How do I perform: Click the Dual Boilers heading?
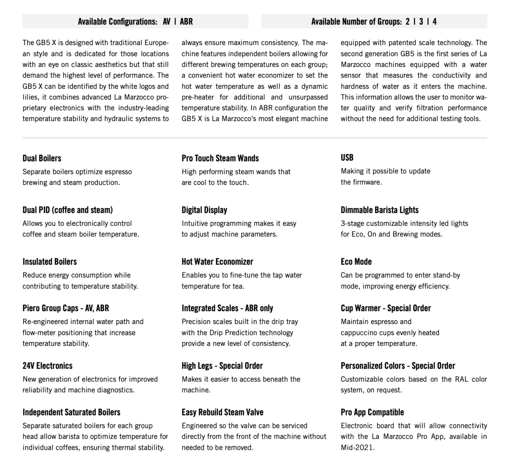tap(42, 158)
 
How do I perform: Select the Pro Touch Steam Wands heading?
tap(220, 158)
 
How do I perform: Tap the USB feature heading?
tap(347, 158)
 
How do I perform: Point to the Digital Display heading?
tap(204, 210)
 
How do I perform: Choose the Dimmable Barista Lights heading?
tap(379, 210)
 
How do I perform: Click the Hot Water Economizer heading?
tap(217, 261)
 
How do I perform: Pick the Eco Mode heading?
tap(356, 261)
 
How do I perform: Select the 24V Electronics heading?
tap(47, 366)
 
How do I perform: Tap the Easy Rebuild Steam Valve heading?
tap(222, 412)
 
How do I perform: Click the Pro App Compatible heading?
tap(372, 412)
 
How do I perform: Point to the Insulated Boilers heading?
tap(49, 261)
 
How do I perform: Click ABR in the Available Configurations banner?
tap(186, 21)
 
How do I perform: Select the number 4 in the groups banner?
tap(434, 21)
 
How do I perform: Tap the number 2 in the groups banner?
tap(407, 21)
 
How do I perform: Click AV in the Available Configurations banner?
tap(167, 21)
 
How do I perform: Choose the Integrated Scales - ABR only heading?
tap(227, 308)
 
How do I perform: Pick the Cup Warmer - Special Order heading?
tap(385, 308)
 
